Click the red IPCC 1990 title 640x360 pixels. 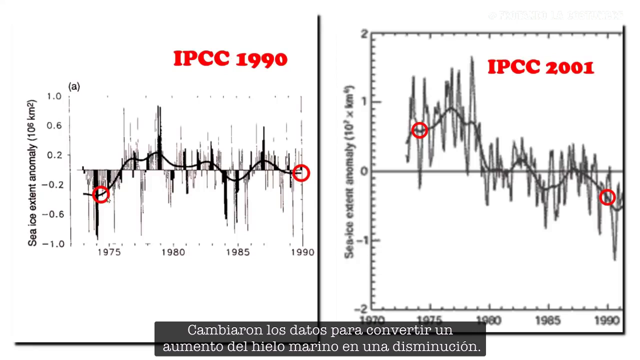230,59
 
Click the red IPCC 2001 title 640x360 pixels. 540,67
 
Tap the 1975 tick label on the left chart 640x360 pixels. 109,252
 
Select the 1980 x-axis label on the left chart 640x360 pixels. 173,252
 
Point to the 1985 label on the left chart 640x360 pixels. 237,252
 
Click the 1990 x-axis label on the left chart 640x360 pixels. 301,252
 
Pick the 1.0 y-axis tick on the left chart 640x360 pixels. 54,96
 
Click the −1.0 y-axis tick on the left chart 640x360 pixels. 52,244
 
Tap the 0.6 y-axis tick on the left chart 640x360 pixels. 54,125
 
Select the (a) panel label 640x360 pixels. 74,87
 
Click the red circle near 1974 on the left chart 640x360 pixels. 100,195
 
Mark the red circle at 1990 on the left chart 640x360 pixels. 301,173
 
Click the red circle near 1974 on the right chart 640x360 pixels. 419,130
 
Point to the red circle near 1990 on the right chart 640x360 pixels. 607,197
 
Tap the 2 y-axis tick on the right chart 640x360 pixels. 364,34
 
